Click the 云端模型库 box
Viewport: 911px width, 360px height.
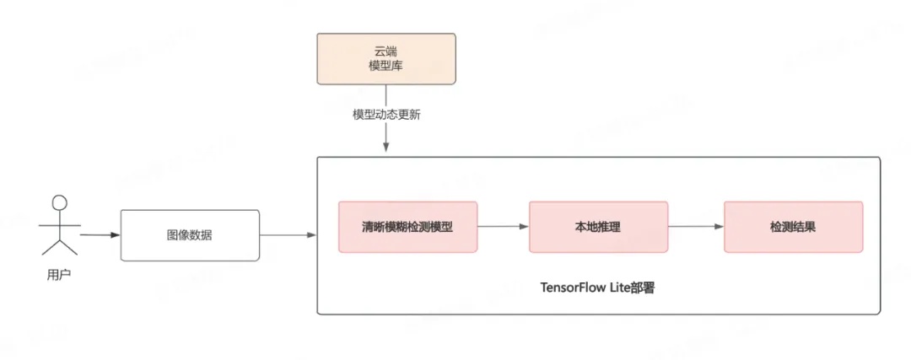(x=385, y=58)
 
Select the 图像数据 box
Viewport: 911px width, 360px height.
(x=190, y=235)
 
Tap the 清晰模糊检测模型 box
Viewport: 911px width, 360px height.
(x=407, y=227)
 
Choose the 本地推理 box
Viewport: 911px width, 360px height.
(x=598, y=227)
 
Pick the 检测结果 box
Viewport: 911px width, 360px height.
(x=793, y=227)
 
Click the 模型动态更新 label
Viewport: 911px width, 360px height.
(x=386, y=115)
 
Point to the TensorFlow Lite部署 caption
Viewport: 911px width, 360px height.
(x=598, y=287)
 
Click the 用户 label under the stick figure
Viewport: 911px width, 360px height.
(x=58, y=275)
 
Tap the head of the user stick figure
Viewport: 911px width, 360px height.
(x=58, y=202)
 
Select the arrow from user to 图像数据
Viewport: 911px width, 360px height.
(x=100, y=234)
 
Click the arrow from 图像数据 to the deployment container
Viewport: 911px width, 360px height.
(x=288, y=235)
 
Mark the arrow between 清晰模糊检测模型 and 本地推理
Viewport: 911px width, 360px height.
(x=503, y=227)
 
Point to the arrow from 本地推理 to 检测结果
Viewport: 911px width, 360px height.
(x=695, y=227)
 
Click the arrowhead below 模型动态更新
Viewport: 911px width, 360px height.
(x=386, y=147)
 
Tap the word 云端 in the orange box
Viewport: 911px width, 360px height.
(x=385, y=51)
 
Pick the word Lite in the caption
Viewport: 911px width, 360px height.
(x=624, y=287)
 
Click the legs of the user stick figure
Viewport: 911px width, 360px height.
(x=59, y=246)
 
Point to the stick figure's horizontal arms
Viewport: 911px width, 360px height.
(x=58, y=224)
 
